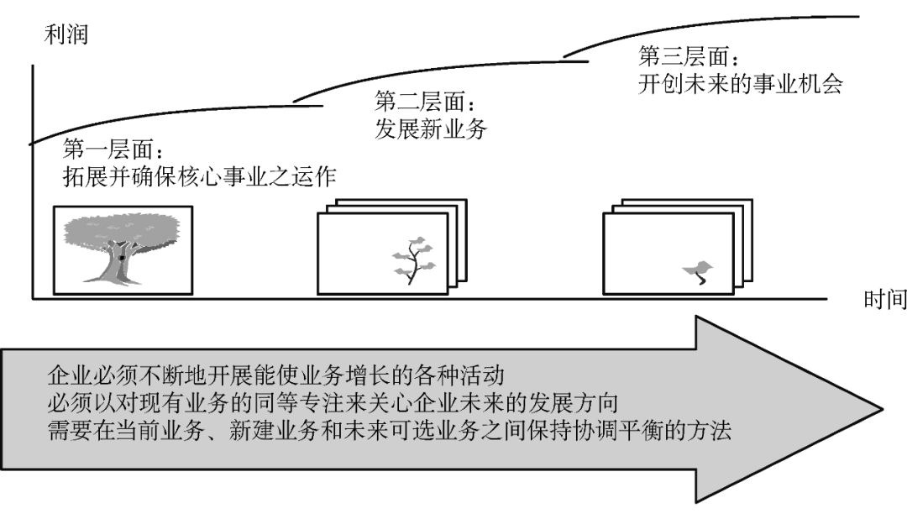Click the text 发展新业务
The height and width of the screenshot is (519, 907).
[x=430, y=130]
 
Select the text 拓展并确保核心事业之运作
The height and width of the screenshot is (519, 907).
[x=200, y=177]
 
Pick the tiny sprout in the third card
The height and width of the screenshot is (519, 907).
[x=699, y=270]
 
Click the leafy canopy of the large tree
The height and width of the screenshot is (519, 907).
[x=123, y=228]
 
